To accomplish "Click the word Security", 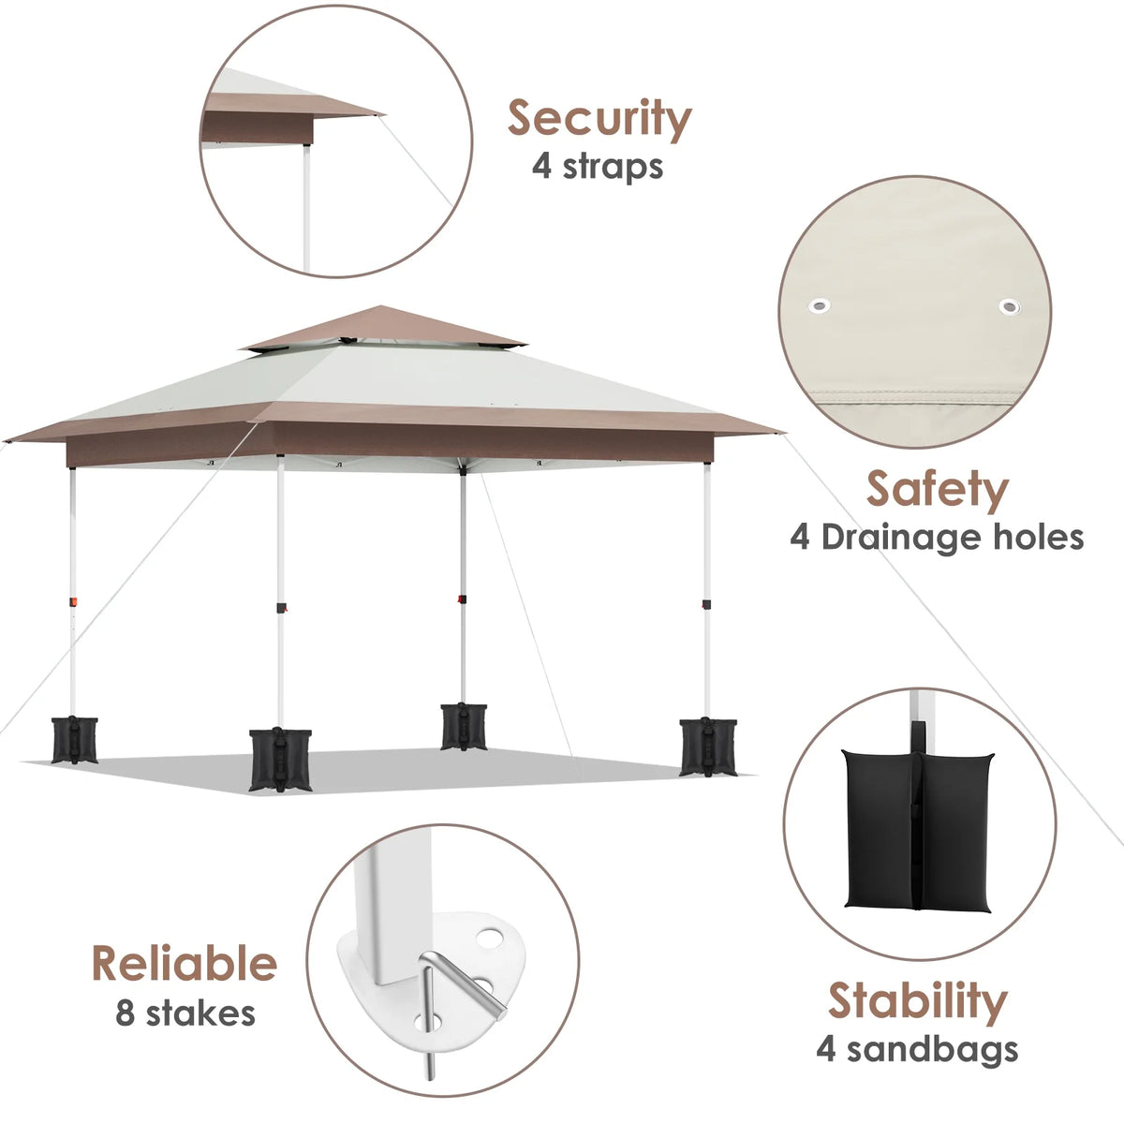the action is point(599,119).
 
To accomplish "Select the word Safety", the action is point(938,491).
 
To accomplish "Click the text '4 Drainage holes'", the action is point(937,538).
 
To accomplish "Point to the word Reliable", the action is point(185,964).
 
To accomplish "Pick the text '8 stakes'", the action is point(185,1013).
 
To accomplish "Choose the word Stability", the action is point(918,1000).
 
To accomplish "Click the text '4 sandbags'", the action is point(917,1049).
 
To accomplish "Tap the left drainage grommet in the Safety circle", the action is point(819,305).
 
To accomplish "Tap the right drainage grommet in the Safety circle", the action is point(1010,306).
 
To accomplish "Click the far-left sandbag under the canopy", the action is point(74,740).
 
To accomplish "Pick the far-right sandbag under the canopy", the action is point(708,747).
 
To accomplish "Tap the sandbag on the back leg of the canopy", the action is point(464,727).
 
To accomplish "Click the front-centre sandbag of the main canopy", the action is point(280,759).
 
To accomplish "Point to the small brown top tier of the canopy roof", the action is point(382,327).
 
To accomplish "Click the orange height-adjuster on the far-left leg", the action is point(73,601).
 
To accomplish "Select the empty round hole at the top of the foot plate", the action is point(489,939).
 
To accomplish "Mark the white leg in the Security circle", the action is point(306,207).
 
